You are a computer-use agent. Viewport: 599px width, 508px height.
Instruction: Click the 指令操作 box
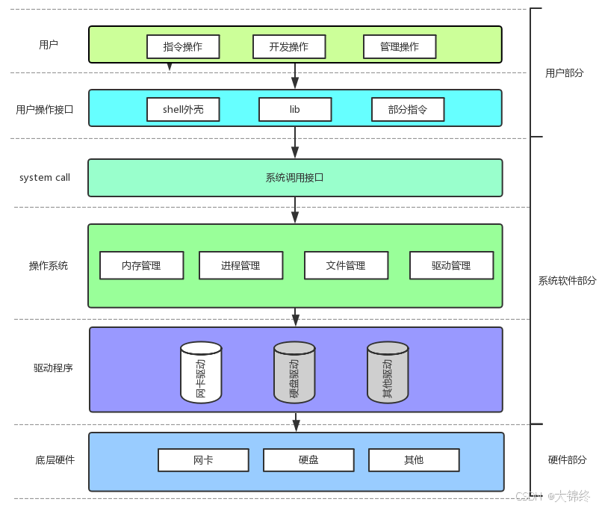[x=183, y=46]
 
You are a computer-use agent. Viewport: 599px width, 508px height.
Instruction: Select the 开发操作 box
[x=289, y=46]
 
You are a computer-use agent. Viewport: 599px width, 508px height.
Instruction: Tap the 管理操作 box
[x=400, y=46]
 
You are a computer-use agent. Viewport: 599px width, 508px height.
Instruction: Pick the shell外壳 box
[x=183, y=110]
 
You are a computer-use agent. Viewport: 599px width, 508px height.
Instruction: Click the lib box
[x=295, y=110]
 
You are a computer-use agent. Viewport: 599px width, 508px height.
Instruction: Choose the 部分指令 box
[x=408, y=110]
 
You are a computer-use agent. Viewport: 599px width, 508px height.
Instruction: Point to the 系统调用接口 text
[x=294, y=178]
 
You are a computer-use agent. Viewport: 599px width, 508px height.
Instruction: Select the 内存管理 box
[x=141, y=265]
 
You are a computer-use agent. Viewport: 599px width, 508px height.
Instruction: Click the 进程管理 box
[x=240, y=265]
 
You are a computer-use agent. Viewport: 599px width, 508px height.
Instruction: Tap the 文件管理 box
[x=346, y=265]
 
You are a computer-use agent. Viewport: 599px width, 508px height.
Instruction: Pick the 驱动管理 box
[x=451, y=265]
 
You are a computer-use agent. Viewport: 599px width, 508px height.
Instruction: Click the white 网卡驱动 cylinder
[x=201, y=372]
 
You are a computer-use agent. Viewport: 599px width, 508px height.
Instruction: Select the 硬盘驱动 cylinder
[x=294, y=372]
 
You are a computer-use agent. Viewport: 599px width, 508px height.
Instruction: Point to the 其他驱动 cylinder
[x=388, y=372]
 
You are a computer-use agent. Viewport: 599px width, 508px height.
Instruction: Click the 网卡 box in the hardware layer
[x=203, y=460]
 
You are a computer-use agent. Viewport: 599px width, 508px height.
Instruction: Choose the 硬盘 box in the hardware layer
[x=308, y=460]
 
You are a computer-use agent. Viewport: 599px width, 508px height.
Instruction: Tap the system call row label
[x=45, y=178]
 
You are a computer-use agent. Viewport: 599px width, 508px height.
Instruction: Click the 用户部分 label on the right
[x=564, y=73]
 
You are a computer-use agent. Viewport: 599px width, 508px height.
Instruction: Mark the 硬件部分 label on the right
[x=568, y=460]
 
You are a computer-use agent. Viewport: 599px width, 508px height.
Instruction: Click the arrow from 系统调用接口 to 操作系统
[x=295, y=210]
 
